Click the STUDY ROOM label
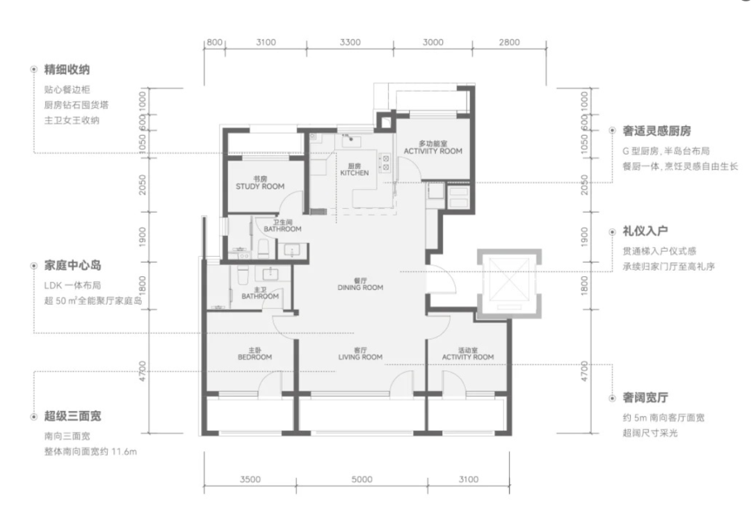pos(260,183)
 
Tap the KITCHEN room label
pos(355,170)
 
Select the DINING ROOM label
pos(360,284)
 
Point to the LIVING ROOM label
pos(360,353)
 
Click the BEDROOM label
pos(255,353)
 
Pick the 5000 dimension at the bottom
pos(362,479)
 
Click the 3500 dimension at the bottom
pos(250,479)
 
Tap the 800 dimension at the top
pos(214,42)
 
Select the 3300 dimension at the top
pos(350,42)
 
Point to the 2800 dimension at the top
pos(509,42)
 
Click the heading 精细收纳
pos(67,70)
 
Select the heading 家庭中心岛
pos(73,266)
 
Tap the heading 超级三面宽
pos(73,416)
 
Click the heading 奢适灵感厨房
pos(656,131)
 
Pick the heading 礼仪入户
pos(645,231)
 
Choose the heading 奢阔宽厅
pos(645,398)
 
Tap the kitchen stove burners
pos(385,163)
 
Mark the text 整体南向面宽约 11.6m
pos(90,452)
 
